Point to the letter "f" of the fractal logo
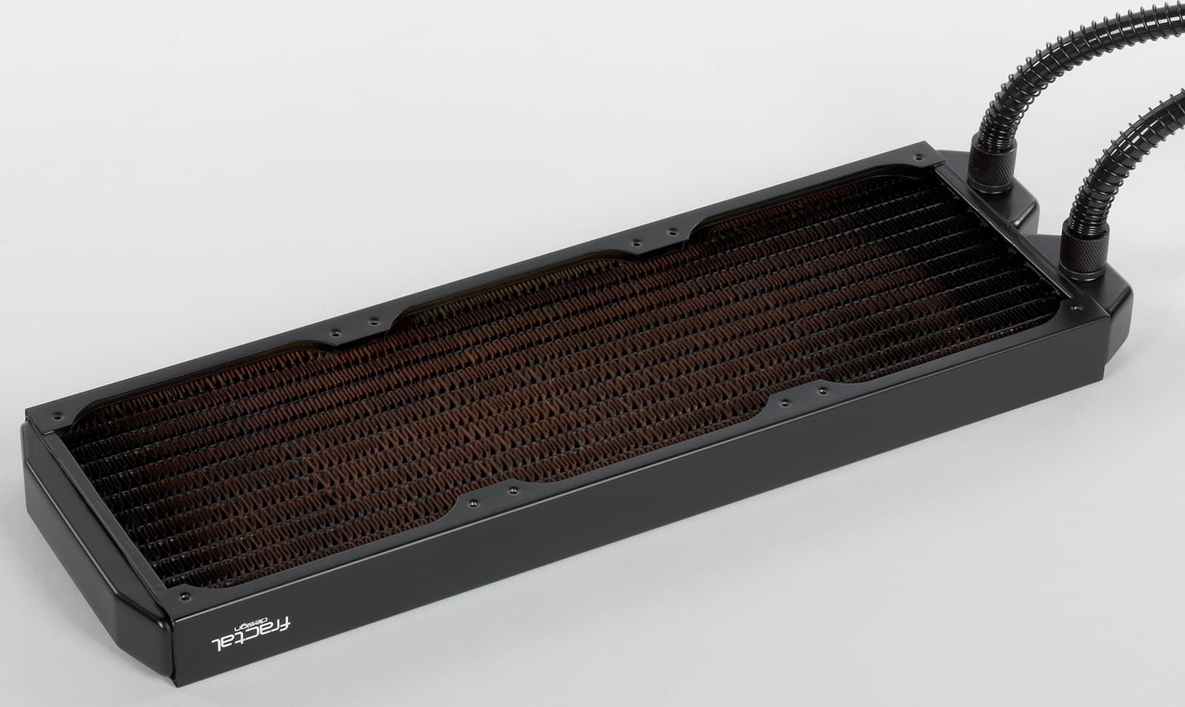[284, 623]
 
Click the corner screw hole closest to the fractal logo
[184, 596]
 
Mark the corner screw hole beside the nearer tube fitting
[1074, 308]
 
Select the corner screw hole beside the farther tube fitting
[918, 157]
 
